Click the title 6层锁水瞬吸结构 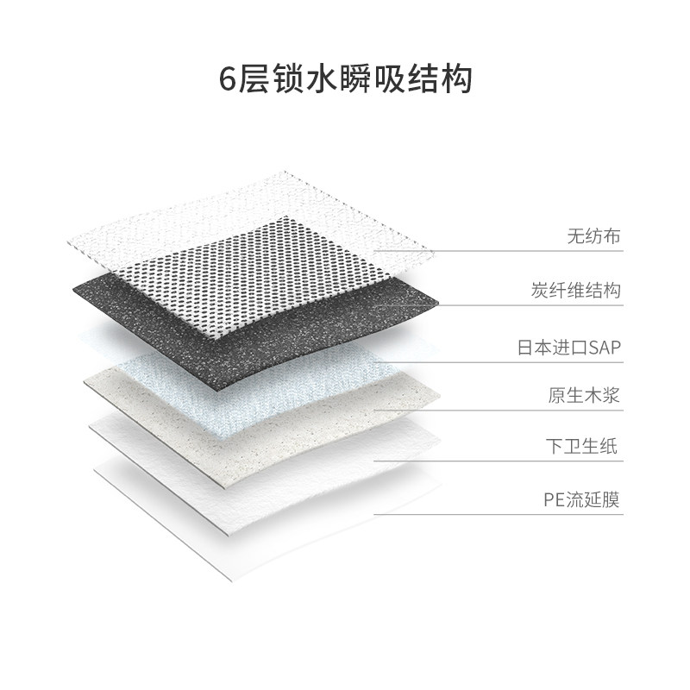click(345, 80)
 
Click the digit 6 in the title click(227, 81)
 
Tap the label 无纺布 click(593, 235)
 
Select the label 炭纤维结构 click(575, 291)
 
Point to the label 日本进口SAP click(568, 348)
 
